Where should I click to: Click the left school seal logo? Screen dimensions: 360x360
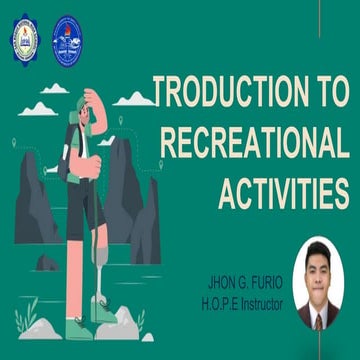tap(25, 37)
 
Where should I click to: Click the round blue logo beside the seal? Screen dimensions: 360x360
tap(67, 37)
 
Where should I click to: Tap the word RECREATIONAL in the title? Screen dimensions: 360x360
tap(254, 144)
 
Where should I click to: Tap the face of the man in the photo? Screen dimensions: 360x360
tap(320, 270)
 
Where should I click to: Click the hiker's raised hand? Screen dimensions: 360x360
tap(89, 97)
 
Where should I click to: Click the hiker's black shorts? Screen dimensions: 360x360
tap(84, 205)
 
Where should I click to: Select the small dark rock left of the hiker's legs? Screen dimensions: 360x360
tap(46, 262)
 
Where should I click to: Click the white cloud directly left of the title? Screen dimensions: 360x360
tap(135, 99)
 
